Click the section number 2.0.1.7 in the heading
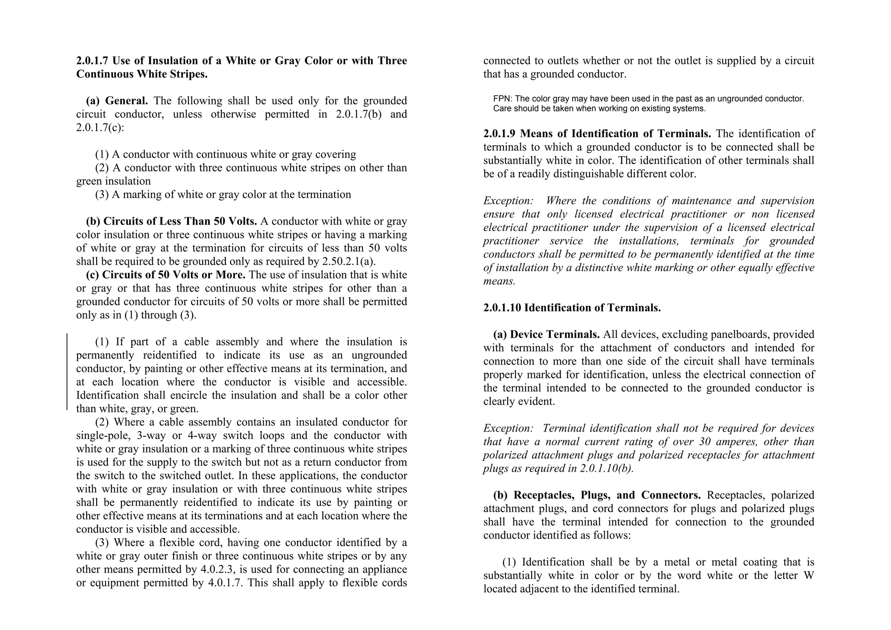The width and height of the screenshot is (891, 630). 93,61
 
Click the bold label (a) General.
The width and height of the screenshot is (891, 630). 117,101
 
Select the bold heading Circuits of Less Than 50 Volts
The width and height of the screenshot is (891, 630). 180,221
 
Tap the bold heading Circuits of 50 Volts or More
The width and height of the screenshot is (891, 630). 174,275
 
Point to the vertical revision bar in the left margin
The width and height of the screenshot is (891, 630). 67,372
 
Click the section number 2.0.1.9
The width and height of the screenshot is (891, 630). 499,134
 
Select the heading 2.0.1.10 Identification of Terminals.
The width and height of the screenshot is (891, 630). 572,308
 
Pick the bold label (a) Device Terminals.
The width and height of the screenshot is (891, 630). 546,335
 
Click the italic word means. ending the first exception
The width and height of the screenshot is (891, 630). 499,281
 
